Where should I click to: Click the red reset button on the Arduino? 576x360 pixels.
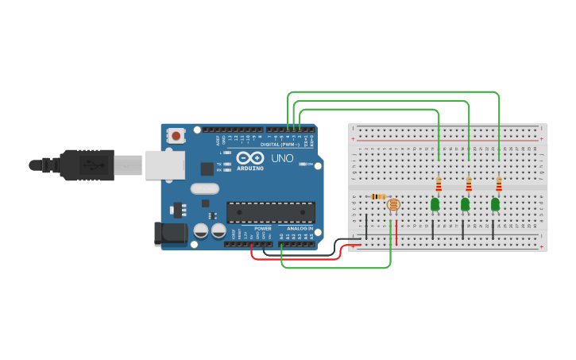coord(176,136)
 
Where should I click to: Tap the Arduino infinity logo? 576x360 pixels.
coord(249,157)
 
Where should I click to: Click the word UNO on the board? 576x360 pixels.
coord(282,157)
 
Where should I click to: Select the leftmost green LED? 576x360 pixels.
coord(435,204)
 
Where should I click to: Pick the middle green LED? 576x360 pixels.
coord(465,204)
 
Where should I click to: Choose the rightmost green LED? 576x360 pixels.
coord(495,204)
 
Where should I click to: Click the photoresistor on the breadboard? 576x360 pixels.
coord(392,205)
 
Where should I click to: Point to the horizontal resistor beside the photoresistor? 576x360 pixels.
coord(379,196)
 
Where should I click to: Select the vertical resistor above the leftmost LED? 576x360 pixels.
coord(439,184)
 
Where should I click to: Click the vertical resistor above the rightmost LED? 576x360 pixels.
coord(499,184)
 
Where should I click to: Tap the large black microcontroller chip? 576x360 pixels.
coord(270,212)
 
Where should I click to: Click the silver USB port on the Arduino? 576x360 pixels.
coord(164,165)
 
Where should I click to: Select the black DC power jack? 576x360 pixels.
coord(169,234)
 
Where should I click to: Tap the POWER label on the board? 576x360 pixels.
coord(262,228)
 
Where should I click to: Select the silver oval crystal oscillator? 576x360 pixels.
coord(204,188)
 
